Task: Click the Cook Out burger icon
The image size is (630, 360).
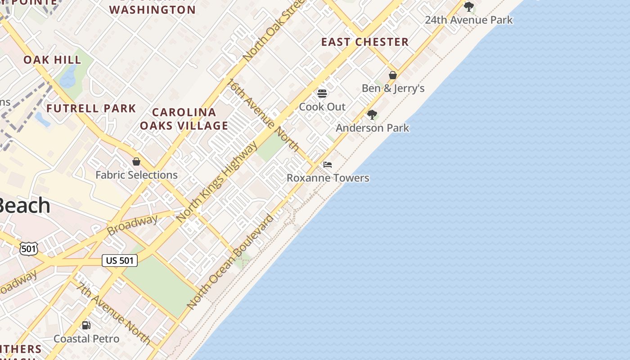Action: (322, 94)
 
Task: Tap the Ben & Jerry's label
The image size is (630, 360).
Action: (393, 88)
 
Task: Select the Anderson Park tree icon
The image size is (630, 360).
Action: (372, 115)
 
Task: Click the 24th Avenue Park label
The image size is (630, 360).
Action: (468, 20)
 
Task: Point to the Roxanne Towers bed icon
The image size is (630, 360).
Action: (328, 165)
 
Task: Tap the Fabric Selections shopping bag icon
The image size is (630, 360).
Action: (136, 162)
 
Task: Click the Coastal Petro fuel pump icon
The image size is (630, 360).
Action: (86, 325)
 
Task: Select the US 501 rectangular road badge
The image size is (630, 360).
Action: (119, 260)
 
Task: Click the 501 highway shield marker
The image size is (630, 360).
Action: (28, 248)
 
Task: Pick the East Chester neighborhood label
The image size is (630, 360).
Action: (364, 42)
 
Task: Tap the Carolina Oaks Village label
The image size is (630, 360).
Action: (184, 119)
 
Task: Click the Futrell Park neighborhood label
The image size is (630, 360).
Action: (91, 108)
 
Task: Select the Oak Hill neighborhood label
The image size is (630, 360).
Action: (52, 60)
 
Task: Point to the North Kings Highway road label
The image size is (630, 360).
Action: (217, 182)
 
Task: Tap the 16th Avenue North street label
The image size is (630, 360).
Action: (263, 115)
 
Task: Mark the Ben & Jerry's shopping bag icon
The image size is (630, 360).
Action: (393, 75)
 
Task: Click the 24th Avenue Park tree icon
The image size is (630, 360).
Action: (469, 7)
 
